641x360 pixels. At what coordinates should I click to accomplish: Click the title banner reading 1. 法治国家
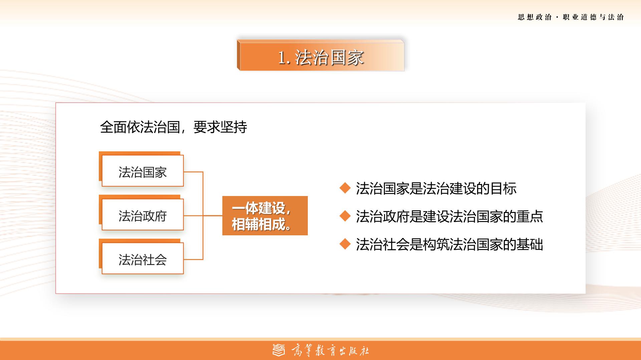tap(320, 55)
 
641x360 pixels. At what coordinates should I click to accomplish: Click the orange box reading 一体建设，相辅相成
tap(265, 216)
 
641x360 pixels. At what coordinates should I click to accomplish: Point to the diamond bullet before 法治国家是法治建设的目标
tap(345, 188)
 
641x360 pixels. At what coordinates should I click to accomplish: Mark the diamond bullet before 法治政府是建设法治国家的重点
tap(345, 216)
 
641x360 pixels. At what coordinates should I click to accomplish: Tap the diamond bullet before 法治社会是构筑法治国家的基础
tap(345, 244)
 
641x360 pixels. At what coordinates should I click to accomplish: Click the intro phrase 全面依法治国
tap(140, 127)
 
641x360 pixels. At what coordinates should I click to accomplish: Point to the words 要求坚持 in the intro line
tap(220, 127)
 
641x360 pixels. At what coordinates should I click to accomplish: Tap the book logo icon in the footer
tap(279, 350)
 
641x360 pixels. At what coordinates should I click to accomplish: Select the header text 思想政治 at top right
tap(535, 17)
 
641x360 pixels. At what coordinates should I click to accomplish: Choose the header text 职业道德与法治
tap(593, 17)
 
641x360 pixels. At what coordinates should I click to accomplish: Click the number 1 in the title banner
tap(282, 58)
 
